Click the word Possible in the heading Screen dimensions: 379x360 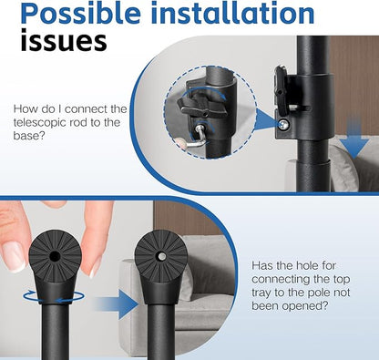point(80,13)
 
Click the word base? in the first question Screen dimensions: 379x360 point(29,136)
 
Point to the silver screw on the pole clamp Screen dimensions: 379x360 point(284,124)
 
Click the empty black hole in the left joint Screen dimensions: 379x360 point(55,257)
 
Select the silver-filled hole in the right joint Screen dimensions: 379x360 point(162,257)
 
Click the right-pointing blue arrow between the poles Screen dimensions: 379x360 point(116,304)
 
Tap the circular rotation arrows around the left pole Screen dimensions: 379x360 point(54,296)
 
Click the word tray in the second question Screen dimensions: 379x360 point(261,293)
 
